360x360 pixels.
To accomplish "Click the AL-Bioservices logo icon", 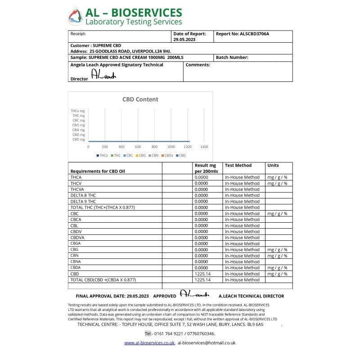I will tap(76, 16).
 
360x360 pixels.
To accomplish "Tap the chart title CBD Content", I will tap(140, 99).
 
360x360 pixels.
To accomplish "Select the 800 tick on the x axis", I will tap(154, 147).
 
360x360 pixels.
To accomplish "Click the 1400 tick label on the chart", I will tap(204, 147).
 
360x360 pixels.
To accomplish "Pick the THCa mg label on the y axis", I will tap(78, 111).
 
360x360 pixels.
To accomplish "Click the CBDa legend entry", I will tap(167, 156).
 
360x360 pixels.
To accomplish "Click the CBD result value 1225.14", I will tap(202, 274).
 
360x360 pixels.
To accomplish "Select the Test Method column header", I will tap(238, 166).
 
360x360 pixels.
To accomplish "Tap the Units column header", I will tap(273, 166).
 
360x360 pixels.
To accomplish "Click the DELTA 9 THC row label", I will tap(83, 201).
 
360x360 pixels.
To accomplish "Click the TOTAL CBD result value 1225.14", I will tap(202, 280).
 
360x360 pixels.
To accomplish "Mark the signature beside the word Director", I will tap(103, 76).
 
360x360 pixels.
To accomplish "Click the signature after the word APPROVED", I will tap(194, 295).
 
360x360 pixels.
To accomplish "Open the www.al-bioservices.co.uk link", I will tap(149, 343).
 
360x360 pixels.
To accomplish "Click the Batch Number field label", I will tap(232, 58).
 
